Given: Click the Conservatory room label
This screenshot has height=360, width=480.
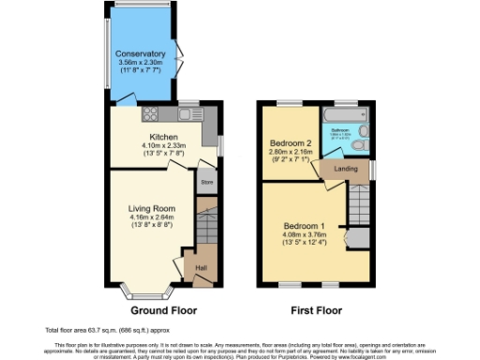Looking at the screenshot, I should (141, 54).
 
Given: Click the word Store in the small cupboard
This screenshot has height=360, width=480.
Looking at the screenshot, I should (206, 181).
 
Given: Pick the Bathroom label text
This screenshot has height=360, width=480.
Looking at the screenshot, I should (339, 130).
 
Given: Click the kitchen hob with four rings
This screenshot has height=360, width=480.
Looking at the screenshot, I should (149, 115).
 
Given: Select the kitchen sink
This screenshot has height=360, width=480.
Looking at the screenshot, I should (184, 114).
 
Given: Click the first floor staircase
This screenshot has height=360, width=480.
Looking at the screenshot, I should (359, 202).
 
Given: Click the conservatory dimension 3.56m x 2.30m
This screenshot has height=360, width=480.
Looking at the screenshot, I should (141, 63).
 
